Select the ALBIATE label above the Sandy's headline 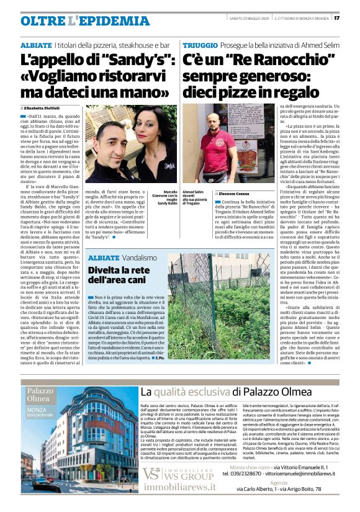click(x=35, y=47)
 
